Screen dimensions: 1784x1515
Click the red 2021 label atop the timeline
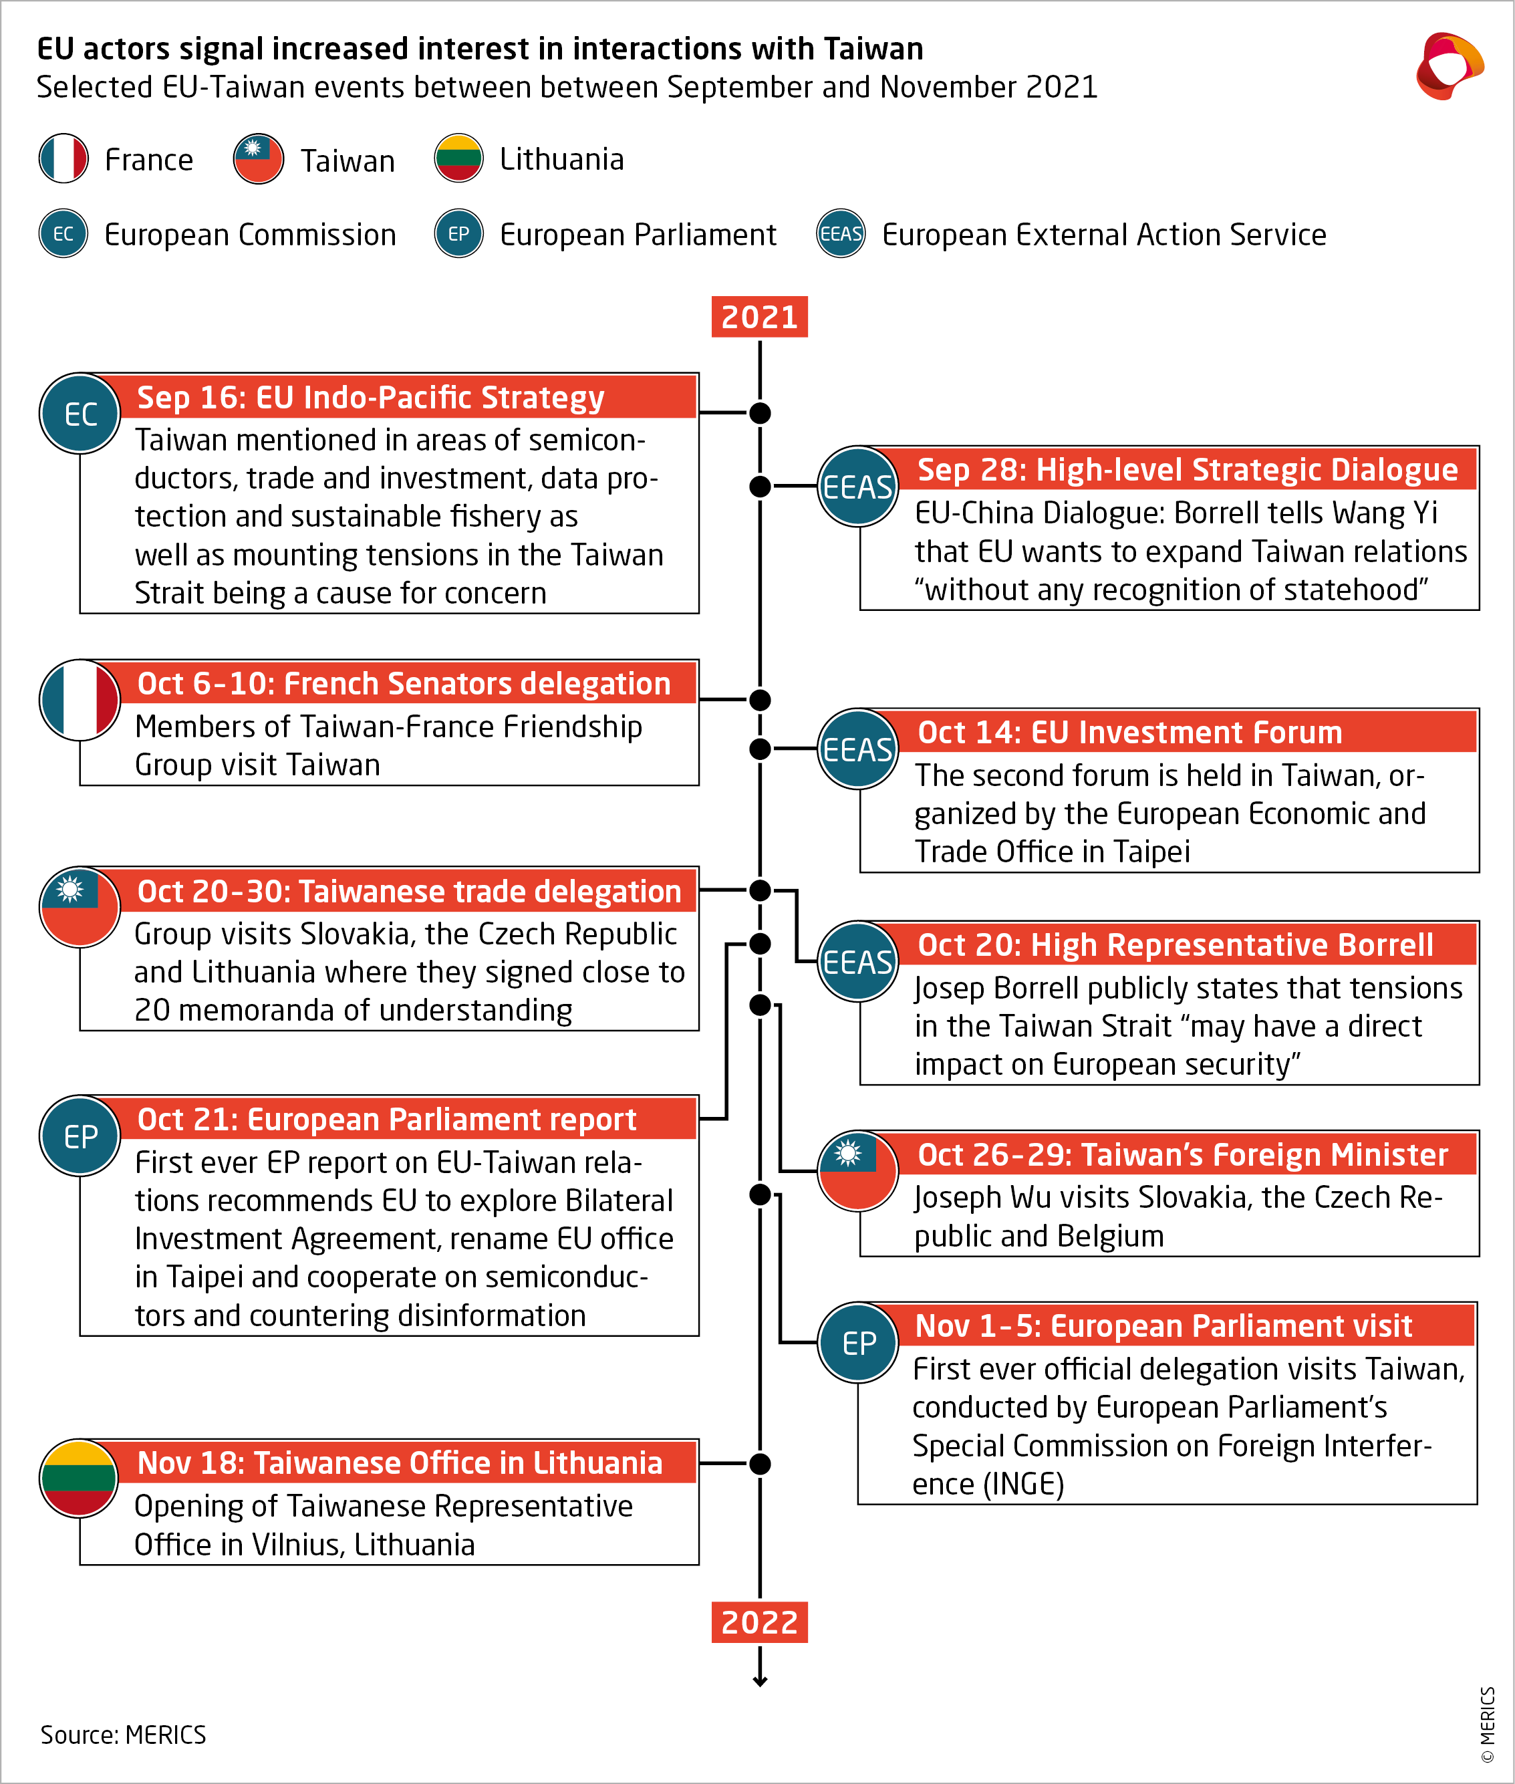(759, 317)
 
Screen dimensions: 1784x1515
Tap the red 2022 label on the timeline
(759, 1622)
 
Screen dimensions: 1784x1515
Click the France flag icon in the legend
(63, 159)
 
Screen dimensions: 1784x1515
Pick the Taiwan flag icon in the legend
(259, 159)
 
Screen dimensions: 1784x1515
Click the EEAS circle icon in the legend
(841, 234)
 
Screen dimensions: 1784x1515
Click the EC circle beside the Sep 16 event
(80, 414)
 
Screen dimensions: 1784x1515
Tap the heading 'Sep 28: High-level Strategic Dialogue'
(1187, 470)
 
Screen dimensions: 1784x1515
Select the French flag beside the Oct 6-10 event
(80, 700)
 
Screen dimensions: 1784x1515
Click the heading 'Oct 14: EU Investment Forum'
(1129, 733)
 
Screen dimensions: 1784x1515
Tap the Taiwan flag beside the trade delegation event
(80, 907)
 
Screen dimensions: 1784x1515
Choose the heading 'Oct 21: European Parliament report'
(386, 1119)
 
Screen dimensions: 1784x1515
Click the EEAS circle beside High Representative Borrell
(857, 962)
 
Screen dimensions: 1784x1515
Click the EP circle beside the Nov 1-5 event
(858, 1342)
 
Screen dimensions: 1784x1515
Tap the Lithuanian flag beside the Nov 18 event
(80, 1479)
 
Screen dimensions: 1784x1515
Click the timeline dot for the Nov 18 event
(760, 1464)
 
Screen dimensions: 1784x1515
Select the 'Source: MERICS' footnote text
(123, 1735)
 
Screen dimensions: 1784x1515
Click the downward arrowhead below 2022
(760, 1681)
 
